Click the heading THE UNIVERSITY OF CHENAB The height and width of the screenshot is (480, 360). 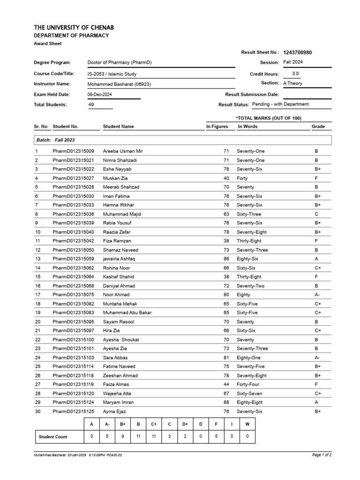click(x=74, y=28)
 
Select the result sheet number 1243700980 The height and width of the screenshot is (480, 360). click(x=297, y=52)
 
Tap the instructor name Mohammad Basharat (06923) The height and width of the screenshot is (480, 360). click(x=120, y=84)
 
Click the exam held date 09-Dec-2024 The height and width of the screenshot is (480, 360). click(x=100, y=94)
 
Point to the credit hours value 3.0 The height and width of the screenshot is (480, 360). click(x=295, y=74)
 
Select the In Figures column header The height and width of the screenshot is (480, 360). click(x=217, y=127)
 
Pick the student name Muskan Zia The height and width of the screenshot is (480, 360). click(x=115, y=178)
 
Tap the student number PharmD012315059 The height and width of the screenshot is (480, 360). click(x=73, y=259)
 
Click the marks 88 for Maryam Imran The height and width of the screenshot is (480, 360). click(x=225, y=402)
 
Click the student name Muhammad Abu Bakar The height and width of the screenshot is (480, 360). click(x=127, y=313)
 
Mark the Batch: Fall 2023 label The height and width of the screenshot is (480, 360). click(x=55, y=140)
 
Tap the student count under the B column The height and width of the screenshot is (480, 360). click(x=139, y=436)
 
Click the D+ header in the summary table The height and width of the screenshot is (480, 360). click(x=185, y=424)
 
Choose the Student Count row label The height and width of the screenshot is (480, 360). click(x=52, y=436)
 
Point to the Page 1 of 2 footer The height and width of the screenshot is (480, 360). click(x=322, y=455)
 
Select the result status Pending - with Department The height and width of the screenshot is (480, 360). click(x=280, y=105)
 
